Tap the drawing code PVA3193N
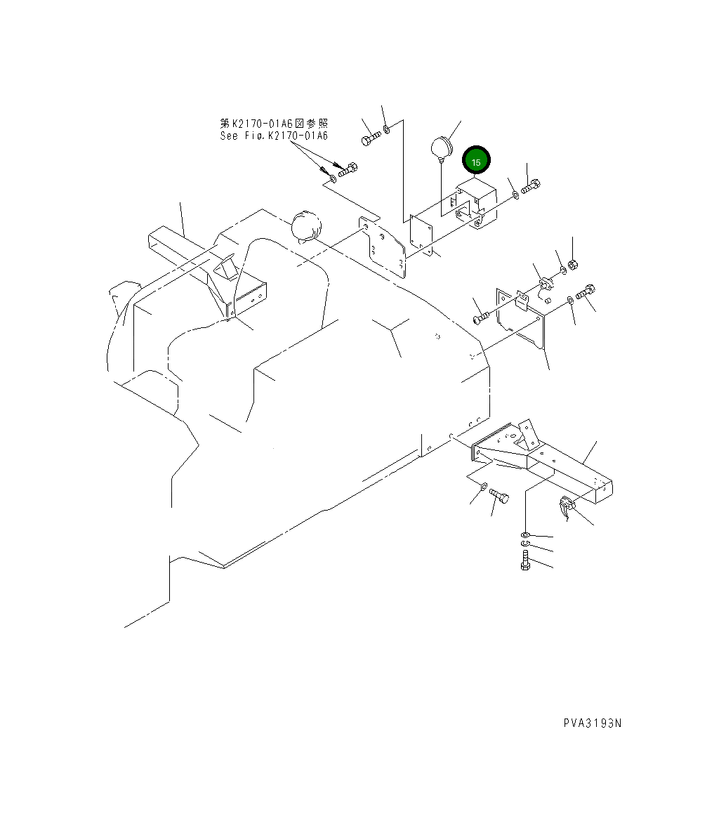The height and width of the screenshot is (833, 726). [x=592, y=723]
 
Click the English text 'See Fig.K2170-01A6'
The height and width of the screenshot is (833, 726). [x=274, y=136]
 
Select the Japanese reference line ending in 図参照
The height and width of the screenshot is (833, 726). [x=274, y=124]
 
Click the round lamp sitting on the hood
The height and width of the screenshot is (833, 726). [x=305, y=226]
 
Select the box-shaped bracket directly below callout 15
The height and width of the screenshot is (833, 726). [x=476, y=203]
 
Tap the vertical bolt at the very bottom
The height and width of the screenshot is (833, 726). [x=525, y=561]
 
